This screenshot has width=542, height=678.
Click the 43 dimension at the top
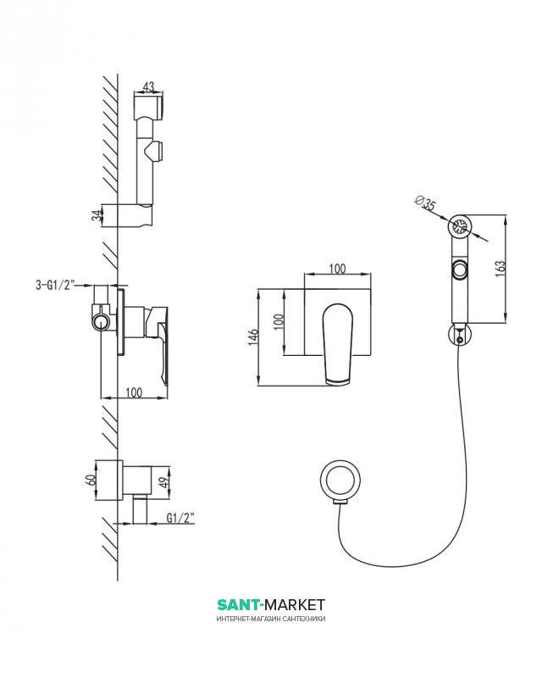coord(149,86)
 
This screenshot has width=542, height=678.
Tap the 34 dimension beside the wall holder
coord(97,215)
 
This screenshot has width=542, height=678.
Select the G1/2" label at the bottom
coord(180,516)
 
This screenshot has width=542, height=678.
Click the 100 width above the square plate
coord(336,269)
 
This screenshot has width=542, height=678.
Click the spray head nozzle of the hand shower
coord(460,227)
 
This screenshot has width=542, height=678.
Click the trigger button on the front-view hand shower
coord(458,271)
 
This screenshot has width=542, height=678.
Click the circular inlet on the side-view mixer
coord(101,321)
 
